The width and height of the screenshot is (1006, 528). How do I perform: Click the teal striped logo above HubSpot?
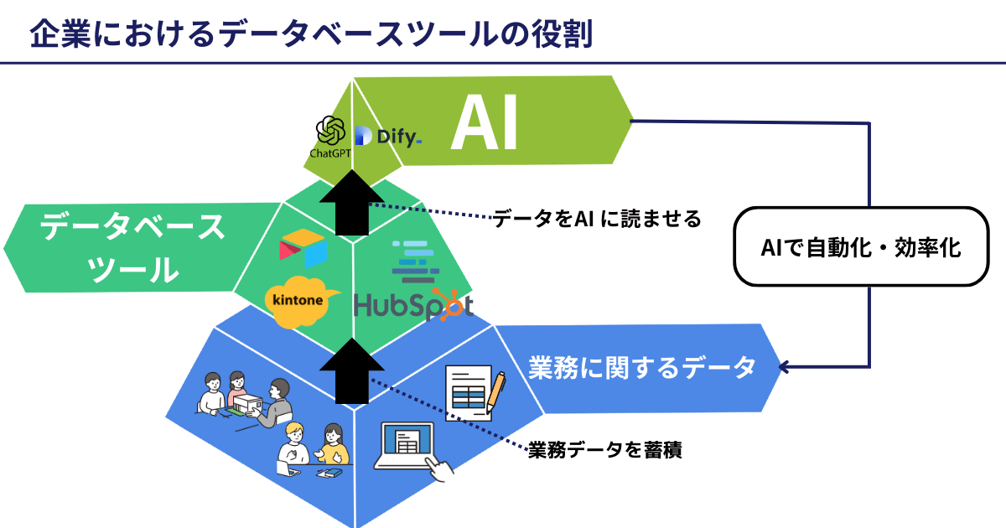coord(415,259)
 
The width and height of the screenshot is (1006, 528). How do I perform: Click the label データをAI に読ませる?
coord(596,220)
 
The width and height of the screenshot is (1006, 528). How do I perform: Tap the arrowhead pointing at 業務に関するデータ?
coord(784,366)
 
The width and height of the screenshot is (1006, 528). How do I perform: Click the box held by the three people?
coord(246,406)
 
